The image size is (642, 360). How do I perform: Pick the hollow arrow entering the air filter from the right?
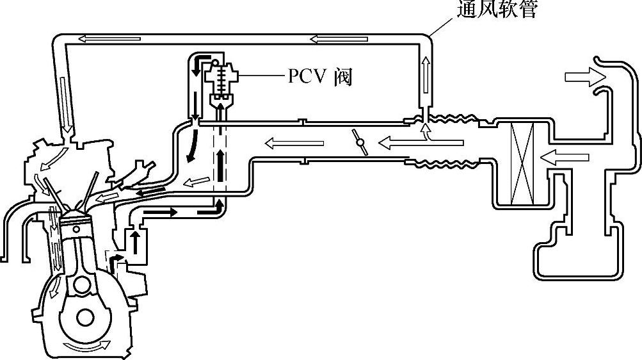pos(558,155)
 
